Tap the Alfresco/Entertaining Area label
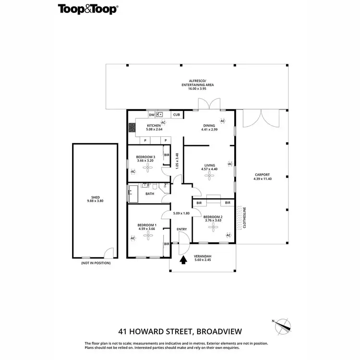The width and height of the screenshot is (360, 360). tap(197, 83)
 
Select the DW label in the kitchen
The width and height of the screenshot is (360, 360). tap(151, 115)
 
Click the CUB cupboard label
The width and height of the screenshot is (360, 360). tap(177, 115)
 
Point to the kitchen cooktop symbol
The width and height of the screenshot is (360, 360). tap(132, 128)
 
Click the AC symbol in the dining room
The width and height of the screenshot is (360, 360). tap(222, 120)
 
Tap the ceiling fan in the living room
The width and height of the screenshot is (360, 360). tap(209, 175)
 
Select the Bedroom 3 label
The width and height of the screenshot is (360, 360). tap(145, 157)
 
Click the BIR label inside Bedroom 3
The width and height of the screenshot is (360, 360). tap(167, 155)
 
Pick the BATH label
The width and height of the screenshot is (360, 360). tap(150, 194)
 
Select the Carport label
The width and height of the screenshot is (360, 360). tap(262, 175)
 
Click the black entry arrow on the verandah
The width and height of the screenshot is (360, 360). tap(183, 260)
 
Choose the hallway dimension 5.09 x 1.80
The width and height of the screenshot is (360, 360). tap(181, 213)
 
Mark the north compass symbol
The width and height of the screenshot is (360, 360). tap(282, 326)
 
